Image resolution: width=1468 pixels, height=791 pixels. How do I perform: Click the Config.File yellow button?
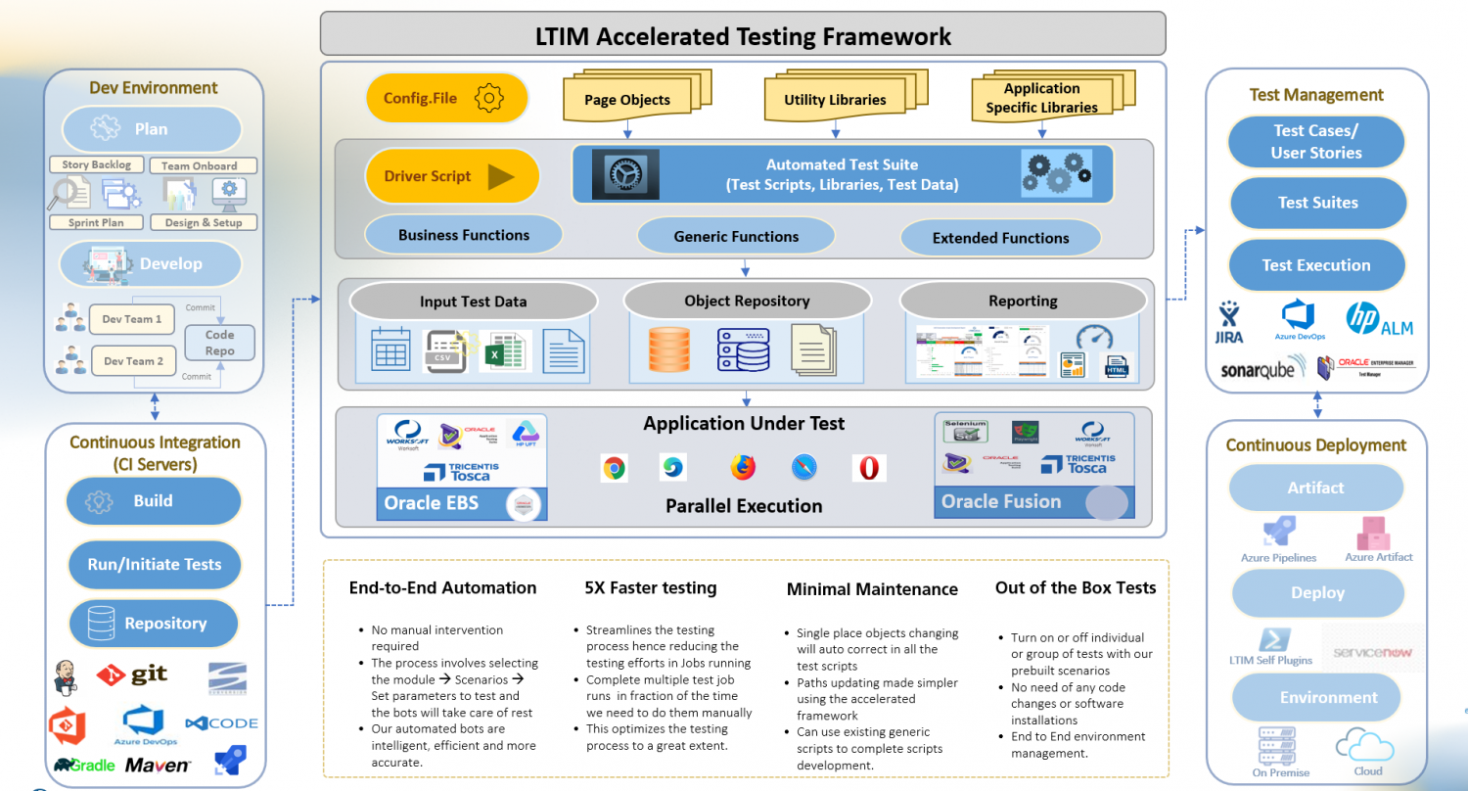[x=446, y=99]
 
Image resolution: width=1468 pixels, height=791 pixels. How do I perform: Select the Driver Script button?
[x=452, y=177]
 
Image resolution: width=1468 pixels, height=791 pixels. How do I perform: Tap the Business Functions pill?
[x=463, y=235]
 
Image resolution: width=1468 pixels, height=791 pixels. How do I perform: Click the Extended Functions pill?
[x=1000, y=238]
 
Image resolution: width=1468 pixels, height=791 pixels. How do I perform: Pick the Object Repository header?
[x=747, y=302]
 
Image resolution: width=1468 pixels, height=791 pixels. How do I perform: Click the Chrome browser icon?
[x=614, y=468]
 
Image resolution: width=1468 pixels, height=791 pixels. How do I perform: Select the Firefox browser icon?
[x=743, y=468]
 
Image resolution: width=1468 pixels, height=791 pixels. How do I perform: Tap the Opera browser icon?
[x=868, y=468]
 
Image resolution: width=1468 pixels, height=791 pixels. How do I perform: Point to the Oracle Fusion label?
[x=1001, y=501]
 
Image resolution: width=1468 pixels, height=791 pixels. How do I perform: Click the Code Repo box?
[x=219, y=343]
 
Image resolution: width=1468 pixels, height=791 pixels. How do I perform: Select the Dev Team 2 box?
[x=133, y=361]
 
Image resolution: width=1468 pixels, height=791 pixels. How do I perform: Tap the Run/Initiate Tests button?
[x=155, y=565]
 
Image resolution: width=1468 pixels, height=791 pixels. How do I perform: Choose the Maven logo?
[x=158, y=765]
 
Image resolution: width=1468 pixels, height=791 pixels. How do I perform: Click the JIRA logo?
[x=1229, y=324]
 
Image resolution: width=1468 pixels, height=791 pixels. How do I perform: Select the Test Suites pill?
[x=1317, y=203]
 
